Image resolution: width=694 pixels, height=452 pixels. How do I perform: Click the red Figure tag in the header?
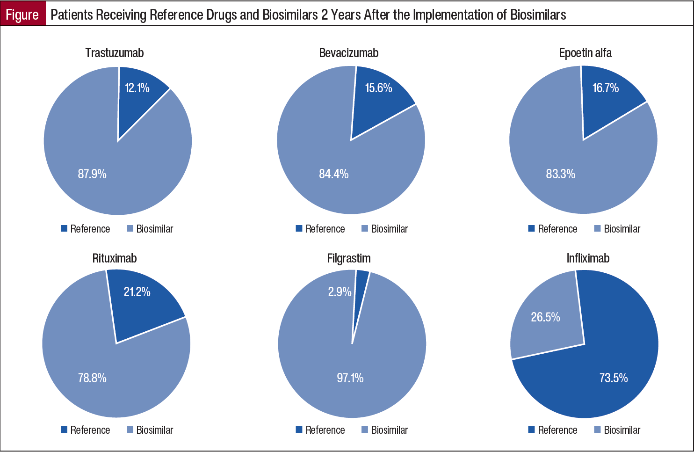(22, 15)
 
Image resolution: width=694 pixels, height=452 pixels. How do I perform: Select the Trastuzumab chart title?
(114, 53)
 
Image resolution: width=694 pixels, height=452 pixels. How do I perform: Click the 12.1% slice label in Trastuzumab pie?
(137, 88)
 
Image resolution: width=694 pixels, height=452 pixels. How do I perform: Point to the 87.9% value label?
(92, 174)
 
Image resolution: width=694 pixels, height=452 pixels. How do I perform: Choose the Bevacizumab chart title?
(348, 53)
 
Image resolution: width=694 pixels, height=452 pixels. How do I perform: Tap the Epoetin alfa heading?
(585, 53)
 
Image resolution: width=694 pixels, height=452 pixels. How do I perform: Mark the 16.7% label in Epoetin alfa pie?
(605, 88)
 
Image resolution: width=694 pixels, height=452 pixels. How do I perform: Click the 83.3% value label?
(560, 174)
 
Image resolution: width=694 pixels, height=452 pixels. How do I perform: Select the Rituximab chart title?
(115, 258)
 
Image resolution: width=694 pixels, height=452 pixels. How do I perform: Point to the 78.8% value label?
(92, 378)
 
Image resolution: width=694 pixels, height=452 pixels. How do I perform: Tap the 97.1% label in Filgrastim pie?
(350, 378)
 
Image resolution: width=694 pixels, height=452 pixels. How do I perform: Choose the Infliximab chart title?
(588, 258)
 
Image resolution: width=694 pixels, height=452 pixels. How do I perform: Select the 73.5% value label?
(613, 378)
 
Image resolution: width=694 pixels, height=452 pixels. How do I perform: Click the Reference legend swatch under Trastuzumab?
(64, 229)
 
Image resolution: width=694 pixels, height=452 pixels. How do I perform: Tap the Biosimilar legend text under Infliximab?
(622, 430)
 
